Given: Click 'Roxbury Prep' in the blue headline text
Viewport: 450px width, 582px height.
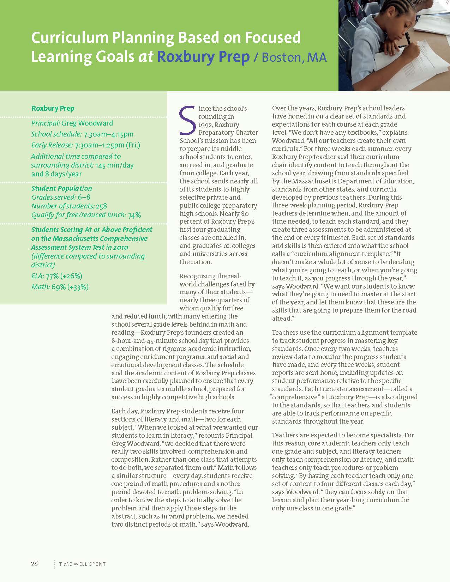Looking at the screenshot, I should pos(203,57).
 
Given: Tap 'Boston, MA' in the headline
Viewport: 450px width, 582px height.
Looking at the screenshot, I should pos(294,57).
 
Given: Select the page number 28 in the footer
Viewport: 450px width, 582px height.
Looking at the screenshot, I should pos(34,563).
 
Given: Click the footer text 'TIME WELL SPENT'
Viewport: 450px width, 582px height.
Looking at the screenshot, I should pos(83,564).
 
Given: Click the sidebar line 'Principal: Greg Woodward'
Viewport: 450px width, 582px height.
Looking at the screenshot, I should pos(72,123).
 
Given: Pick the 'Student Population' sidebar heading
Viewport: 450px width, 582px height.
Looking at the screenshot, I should pos(62,188).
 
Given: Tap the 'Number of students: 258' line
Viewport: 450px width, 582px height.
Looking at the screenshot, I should pos(69,206).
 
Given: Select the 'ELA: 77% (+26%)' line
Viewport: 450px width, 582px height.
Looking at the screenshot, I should pos(57,276).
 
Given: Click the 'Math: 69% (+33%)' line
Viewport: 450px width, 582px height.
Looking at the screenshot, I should pos(60,287).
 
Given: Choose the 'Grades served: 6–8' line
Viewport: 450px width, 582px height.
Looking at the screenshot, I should pos(61,197).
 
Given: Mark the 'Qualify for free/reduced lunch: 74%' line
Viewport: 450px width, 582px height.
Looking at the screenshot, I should pos(86,215).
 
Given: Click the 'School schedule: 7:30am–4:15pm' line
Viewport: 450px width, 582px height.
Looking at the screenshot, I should pos(82,134).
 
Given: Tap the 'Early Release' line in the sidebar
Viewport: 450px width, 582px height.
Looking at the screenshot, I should pos(86,145).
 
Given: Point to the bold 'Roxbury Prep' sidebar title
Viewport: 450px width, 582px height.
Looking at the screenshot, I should pos(53,108).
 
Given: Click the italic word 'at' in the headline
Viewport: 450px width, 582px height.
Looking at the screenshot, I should pos(146,57).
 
